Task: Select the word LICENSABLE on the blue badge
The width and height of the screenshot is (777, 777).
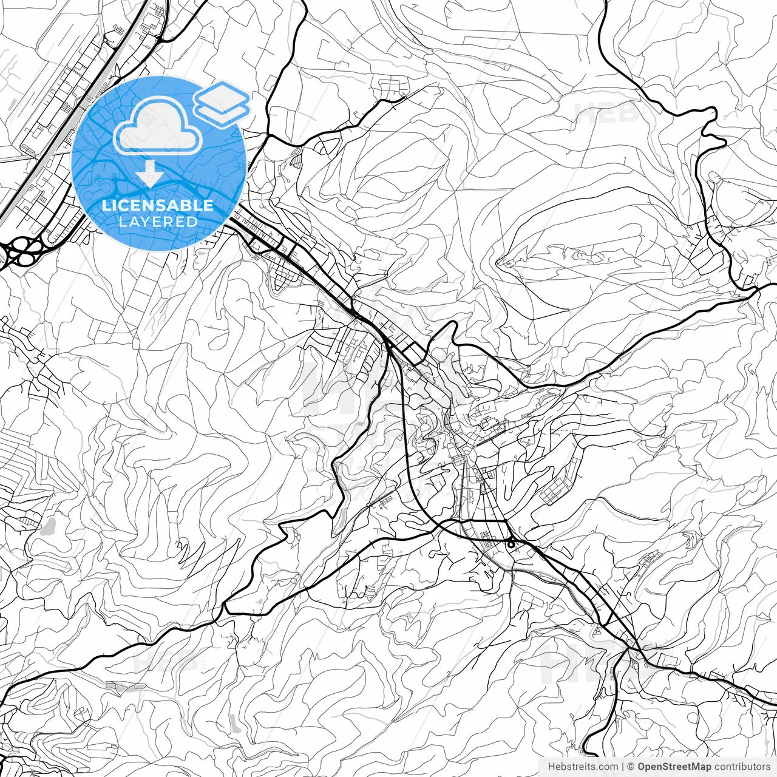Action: coord(158,205)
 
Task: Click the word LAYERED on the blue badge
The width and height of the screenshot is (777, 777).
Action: coord(158,222)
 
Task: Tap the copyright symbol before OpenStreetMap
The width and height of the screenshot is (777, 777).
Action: coord(631,767)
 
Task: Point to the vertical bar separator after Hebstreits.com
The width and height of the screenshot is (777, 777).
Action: coord(623,767)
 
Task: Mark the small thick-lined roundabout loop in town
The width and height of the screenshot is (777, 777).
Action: coord(512,543)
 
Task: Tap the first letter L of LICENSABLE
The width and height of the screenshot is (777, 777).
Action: coord(106,205)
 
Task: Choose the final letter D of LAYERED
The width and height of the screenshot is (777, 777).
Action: coord(193,222)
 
